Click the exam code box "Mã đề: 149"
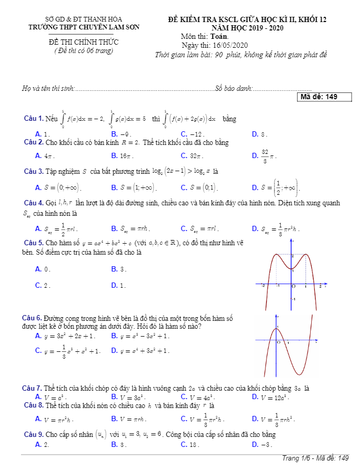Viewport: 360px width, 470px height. coord(324,97)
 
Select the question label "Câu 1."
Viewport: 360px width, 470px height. coord(34,119)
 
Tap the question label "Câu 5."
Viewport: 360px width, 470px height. coord(34,243)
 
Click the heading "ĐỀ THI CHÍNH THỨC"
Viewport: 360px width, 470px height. coord(84,42)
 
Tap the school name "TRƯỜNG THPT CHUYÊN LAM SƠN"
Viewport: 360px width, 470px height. coord(84,27)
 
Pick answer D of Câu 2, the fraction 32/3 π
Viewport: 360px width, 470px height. coord(268,155)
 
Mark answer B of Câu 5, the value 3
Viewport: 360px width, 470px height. coord(119,269)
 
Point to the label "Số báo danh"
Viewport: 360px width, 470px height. coord(235,88)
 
